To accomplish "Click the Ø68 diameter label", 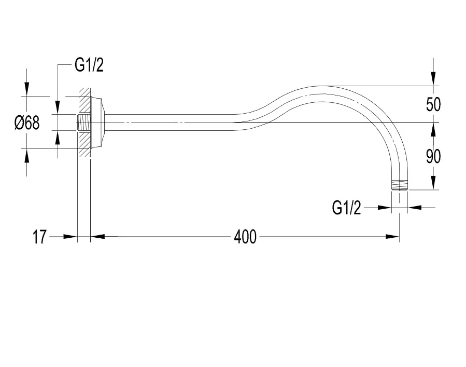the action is coord(27,123).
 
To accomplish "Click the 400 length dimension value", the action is coord(245,237).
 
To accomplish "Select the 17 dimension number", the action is coord(39,237).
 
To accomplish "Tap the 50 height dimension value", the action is coord(433,104).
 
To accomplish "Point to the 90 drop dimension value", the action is coord(433,157).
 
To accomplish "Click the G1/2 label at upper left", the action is coord(89,65).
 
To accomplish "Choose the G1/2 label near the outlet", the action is coord(347,208).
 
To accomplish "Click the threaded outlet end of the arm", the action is coord(400,185).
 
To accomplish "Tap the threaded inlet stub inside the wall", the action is coord(84,123).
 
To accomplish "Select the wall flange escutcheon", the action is coord(98,123).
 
